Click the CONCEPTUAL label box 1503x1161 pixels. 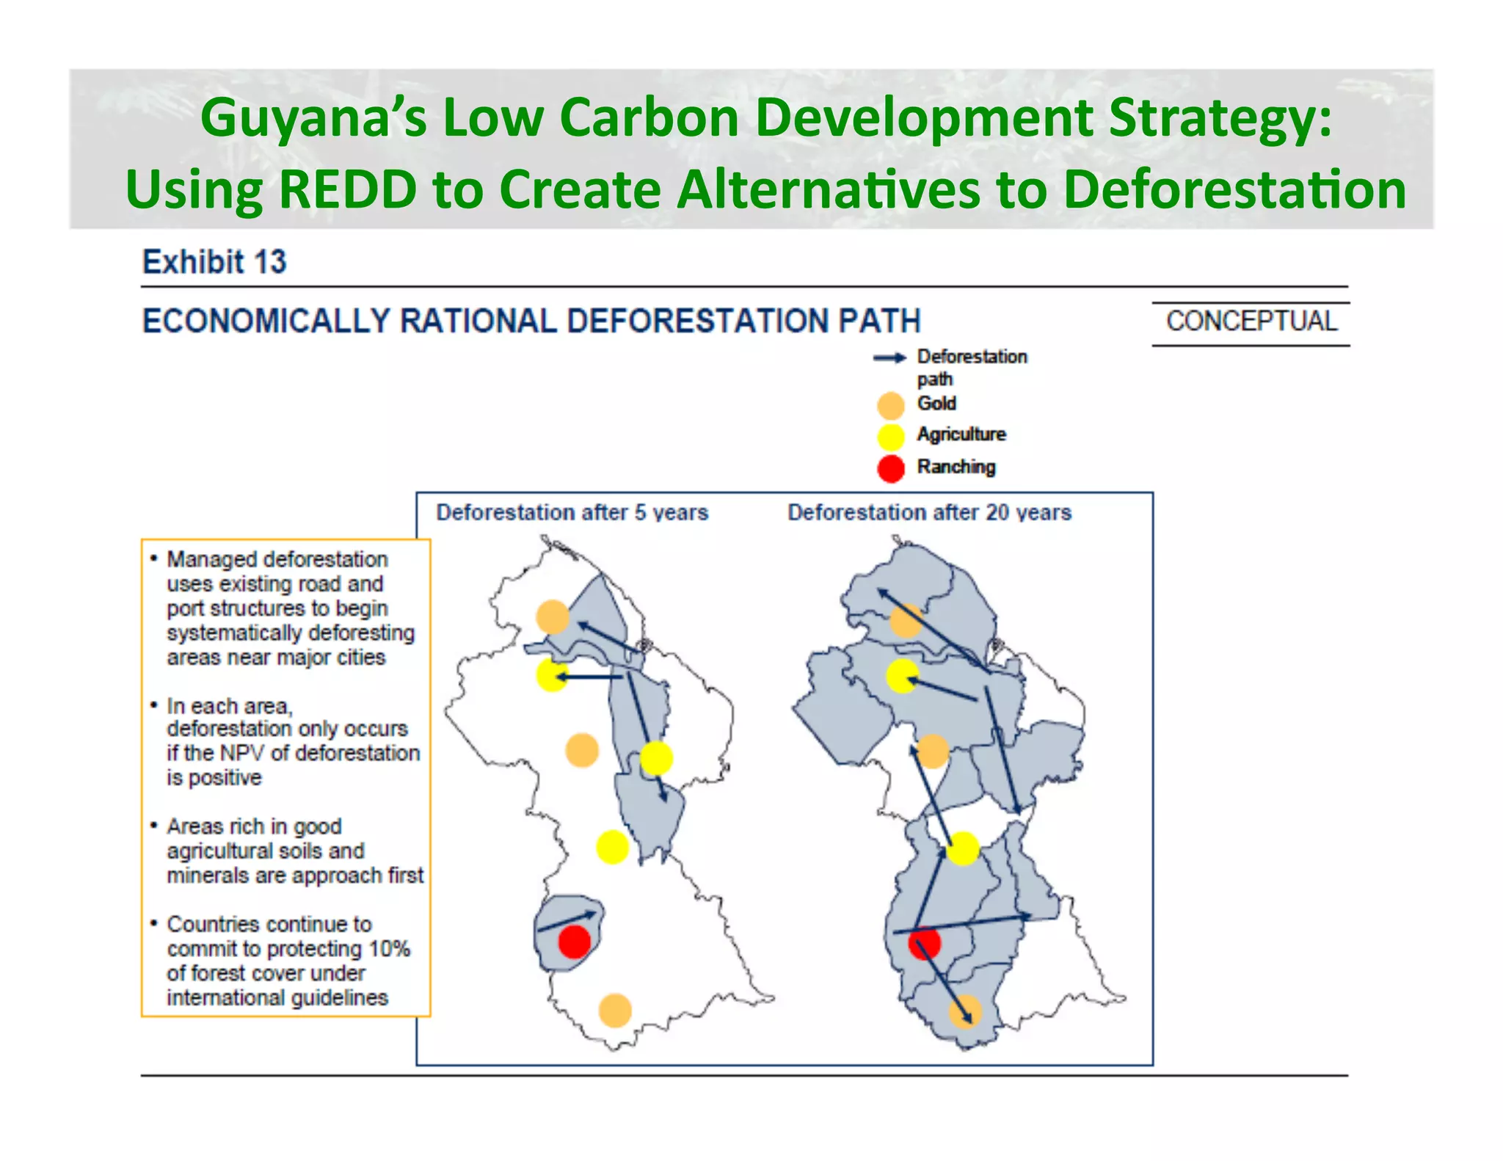pyautogui.click(x=1251, y=321)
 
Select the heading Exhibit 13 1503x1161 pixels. pyautogui.click(x=214, y=262)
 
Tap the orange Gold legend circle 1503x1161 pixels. pyautogui.click(x=890, y=405)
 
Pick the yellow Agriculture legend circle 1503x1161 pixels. pyautogui.click(x=890, y=437)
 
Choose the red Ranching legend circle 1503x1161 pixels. pyautogui.click(x=890, y=468)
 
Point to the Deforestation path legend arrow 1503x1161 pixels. pyautogui.click(x=889, y=358)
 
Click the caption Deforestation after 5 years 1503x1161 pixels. pyautogui.click(x=572, y=512)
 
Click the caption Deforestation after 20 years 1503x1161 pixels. pyautogui.click(x=929, y=512)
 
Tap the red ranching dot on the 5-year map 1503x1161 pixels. pyautogui.click(x=574, y=942)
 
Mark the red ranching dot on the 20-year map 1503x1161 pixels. pyautogui.click(x=924, y=943)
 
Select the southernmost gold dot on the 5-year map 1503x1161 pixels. pyautogui.click(x=615, y=1011)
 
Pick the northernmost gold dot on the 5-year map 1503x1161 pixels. pyautogui.click(x=552, y=616)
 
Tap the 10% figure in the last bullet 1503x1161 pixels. pyautogui.click(x=389, y=949)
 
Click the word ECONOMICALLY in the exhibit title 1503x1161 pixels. pyautogui.click(x=265, y=321)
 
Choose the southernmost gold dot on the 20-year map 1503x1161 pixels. pyautogui.click(x=965, y=1012)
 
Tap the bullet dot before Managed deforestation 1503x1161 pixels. pyautogui.click(x=154, y=559)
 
